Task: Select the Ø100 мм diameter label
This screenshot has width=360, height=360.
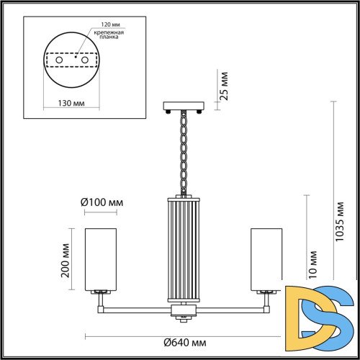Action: coord(101,201)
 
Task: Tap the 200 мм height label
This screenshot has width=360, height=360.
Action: coord(66,260)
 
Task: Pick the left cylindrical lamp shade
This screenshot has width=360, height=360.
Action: coord(101,257)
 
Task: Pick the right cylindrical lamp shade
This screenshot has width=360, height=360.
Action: coord(266,257)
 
